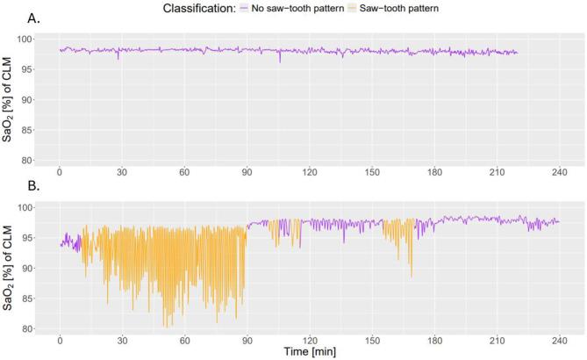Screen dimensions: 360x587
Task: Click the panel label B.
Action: coord(10,190)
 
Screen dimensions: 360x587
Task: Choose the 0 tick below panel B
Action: coord(60,342)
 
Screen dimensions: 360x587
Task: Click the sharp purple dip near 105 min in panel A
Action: coord(280,61)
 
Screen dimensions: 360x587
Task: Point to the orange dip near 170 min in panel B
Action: coord(412,276)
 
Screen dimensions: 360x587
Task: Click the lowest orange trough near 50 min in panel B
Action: coord(164,326)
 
